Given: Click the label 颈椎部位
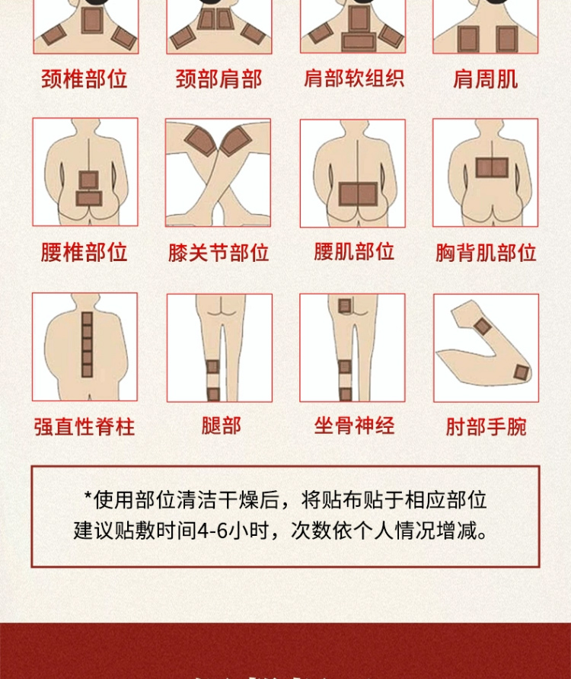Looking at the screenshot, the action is coord(85,79).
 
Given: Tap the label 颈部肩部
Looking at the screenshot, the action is coord(219,79).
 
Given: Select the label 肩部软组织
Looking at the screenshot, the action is coord(354,78).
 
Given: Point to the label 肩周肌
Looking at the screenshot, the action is coord(485,79).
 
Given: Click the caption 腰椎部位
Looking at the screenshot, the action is coord(85,252).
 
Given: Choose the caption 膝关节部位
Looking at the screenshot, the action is coord(219,253).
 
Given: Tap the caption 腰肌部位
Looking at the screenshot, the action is coord(354,252).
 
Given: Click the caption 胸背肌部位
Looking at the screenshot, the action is coord(486,253).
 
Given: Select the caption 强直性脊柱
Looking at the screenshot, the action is coord(85,426).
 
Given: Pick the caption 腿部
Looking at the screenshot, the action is coord(222,426).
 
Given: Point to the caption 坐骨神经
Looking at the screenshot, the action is coord(354,426).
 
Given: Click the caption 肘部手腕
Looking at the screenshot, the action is coord(486,426).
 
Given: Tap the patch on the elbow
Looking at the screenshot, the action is coord(522,373).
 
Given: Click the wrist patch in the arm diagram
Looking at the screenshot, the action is coord(482,327).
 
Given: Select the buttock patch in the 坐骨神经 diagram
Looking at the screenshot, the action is coord(345,306).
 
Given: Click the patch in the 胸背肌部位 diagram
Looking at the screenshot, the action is coord(492,167).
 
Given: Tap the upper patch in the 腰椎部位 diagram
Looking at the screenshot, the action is coord(88,180).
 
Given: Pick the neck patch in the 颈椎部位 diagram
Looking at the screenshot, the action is coord(92,21).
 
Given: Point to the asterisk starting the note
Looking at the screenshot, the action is coord(88,496).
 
